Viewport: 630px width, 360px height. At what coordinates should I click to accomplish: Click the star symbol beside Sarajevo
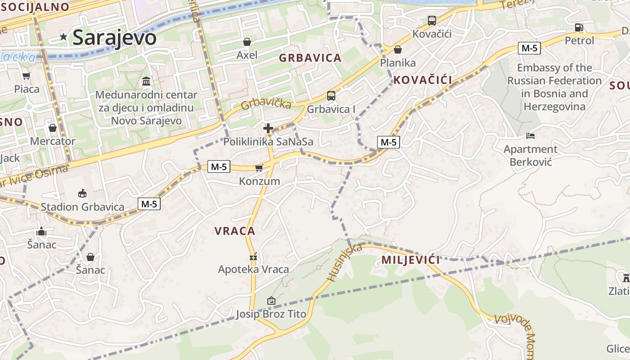[64, 37]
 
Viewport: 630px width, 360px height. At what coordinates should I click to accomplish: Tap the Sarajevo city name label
[114, 37]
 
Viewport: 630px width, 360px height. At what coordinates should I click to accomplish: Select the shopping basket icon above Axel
[247, 42]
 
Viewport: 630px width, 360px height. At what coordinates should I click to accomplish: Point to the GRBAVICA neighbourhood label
[310, 58]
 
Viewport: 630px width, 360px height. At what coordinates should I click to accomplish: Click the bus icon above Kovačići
[432, 20]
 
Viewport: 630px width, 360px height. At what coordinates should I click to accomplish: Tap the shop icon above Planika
[397, 49]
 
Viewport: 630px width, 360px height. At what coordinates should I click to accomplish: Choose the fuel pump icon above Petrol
[579, 27]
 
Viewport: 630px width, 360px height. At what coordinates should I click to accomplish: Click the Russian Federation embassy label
[554, 87]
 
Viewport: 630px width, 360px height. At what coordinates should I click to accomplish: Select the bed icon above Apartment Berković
[531, 135]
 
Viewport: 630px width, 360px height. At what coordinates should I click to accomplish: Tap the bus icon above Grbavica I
[331, 95]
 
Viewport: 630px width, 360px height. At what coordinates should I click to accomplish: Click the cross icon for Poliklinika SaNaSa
[268, 128]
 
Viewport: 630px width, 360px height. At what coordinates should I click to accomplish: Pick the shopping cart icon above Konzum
[259, 168]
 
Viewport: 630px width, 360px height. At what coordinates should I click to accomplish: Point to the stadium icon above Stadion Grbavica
[82, 193]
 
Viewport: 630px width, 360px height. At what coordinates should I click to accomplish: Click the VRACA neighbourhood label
[235, 231]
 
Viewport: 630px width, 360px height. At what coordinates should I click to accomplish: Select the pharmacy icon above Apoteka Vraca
[253, 257]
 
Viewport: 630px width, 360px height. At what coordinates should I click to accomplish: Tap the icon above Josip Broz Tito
[271, 300]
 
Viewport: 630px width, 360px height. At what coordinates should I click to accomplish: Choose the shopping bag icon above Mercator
[53, 128]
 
